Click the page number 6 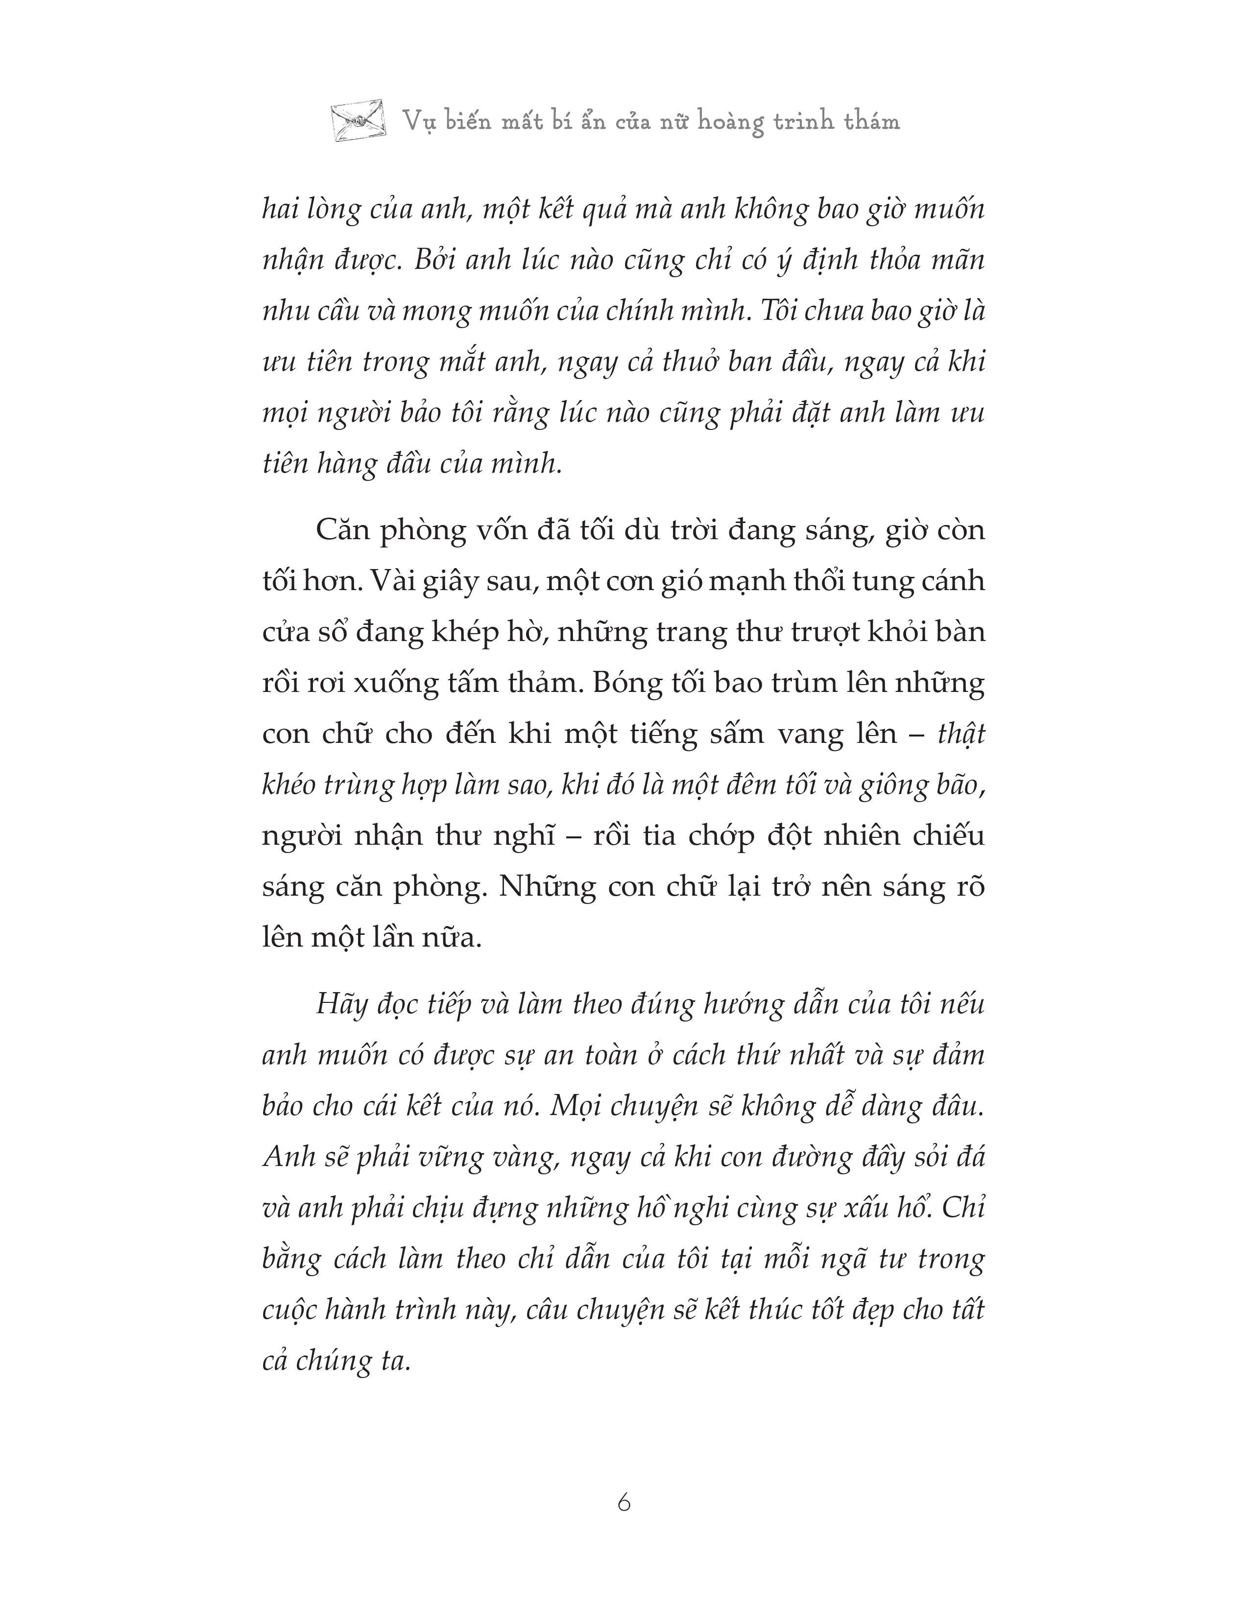tap(624, 1503)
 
